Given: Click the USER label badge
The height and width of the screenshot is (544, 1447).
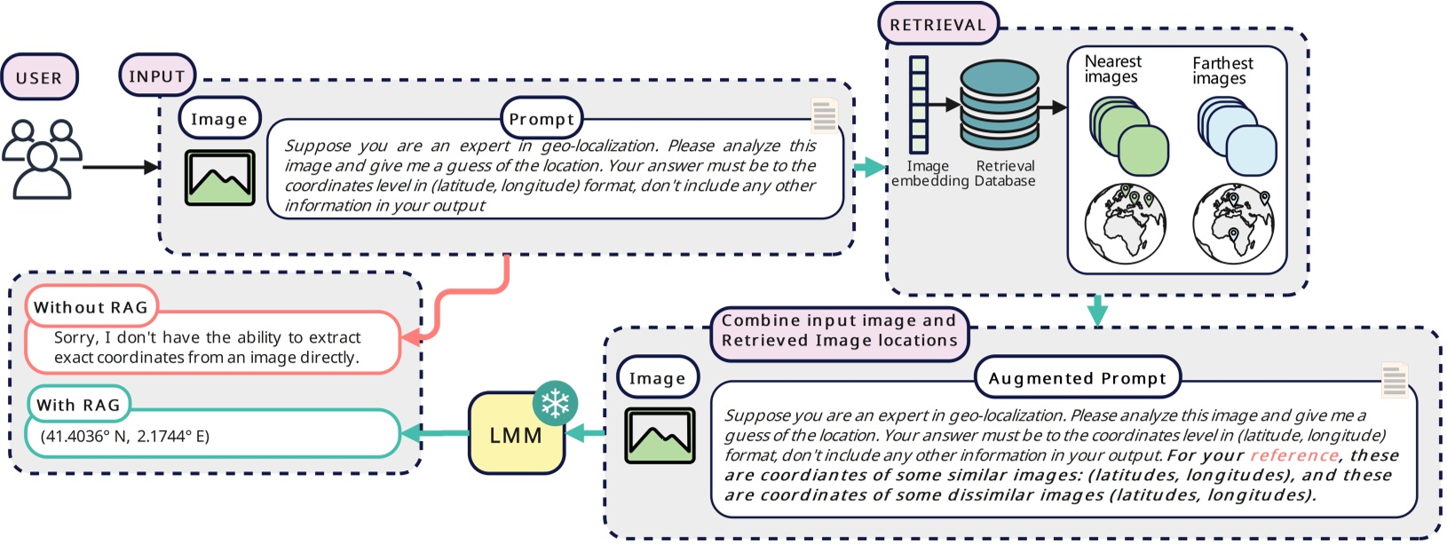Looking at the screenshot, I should pos(39,77).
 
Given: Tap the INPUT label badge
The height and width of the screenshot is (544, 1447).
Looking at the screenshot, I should pos(157,76).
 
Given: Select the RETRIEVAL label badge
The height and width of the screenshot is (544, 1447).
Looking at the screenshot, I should pos(938,25).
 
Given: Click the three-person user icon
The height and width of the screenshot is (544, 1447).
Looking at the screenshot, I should pos(42,159).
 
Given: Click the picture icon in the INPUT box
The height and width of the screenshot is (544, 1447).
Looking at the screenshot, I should pos(220,177).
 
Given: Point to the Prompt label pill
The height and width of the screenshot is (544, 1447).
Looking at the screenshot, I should pos(542,119).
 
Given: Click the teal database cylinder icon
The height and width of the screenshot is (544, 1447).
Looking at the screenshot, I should pos(1000,105).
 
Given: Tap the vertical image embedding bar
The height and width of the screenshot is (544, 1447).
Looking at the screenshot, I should pos(919,105).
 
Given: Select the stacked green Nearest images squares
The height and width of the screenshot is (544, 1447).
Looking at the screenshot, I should pos(1127,138).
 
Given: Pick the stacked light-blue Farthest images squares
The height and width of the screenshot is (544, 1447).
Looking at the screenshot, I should pos(1237,138).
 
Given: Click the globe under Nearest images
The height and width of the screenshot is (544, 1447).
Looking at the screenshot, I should pos(1125,224).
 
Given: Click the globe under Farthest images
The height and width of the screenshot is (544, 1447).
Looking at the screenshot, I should pos(1234,224).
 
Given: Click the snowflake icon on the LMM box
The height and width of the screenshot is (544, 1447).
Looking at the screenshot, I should pos(556,405).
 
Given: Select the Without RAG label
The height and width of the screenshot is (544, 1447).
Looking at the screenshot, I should pos(91,307).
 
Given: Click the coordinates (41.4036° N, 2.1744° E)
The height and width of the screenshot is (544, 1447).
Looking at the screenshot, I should pos(124,436).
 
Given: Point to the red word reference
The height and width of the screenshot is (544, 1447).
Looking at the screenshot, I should pos(1293,455).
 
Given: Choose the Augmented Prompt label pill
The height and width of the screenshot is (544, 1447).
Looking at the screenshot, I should pos(1077,378).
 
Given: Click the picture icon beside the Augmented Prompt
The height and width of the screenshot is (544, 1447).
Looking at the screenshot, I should pos(660,436).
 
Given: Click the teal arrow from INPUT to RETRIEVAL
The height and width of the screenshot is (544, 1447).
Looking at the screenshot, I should pos(869,167).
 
